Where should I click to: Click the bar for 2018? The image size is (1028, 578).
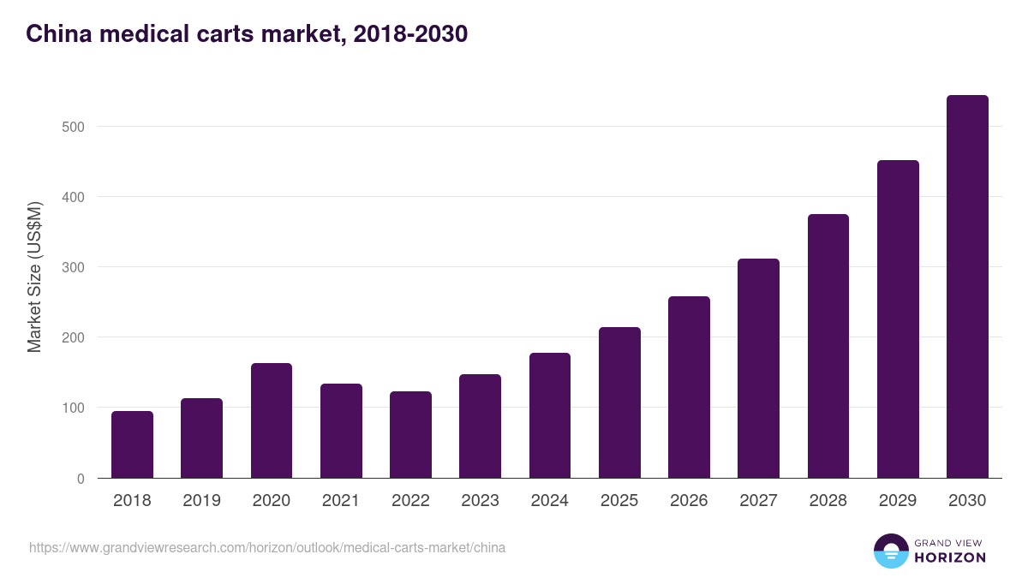pos(132,444)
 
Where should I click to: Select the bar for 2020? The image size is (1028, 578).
pos(272,420)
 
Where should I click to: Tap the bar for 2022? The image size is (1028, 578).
pos(410,434)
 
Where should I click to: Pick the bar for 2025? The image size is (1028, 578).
pos(619,402)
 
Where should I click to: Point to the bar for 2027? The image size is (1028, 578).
pos(758,368)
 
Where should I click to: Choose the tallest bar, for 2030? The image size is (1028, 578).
pos(967,287)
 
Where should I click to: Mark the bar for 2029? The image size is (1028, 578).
pos(898,319)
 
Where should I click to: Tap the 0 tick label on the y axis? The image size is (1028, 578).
pos(81,479)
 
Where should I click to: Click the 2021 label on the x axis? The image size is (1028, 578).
pos(341,501)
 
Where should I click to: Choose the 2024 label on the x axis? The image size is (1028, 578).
pos(550,501)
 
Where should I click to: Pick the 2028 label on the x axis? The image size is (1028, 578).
pos(828,501)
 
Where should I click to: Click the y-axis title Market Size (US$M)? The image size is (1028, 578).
pos(34,277)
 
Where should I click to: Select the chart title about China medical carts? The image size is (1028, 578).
pos(247,33)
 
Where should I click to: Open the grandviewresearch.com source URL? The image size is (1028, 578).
pos(267,547)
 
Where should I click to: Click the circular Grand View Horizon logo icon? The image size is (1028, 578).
pos(891,551)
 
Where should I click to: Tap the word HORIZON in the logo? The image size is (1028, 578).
pos(951,557)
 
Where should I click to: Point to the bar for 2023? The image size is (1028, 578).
pos(480,426)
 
